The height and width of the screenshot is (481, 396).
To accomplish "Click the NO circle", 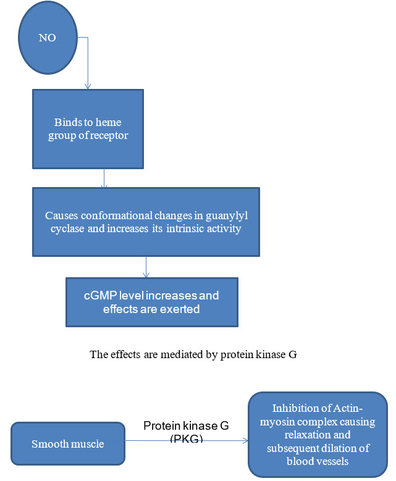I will pos(48,38).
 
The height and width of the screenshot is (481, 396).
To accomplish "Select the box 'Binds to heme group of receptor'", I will pos(88,128).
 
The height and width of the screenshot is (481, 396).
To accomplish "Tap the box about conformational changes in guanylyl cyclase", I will pos(146,222).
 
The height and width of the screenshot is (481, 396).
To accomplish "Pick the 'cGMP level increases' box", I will pos(152,302).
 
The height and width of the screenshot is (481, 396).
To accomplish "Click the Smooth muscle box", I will pos(67,444).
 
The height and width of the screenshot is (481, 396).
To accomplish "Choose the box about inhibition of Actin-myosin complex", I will pos(318,434).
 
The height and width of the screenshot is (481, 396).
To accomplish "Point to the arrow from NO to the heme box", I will pos(88,62).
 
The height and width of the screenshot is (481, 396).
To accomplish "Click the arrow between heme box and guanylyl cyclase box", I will pos(104,178).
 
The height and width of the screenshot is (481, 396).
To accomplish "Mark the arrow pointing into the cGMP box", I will pos(146,267).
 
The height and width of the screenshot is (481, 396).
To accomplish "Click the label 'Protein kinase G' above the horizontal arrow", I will pos(181,425).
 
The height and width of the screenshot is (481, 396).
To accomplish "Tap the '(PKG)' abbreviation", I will pos(183,438).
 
